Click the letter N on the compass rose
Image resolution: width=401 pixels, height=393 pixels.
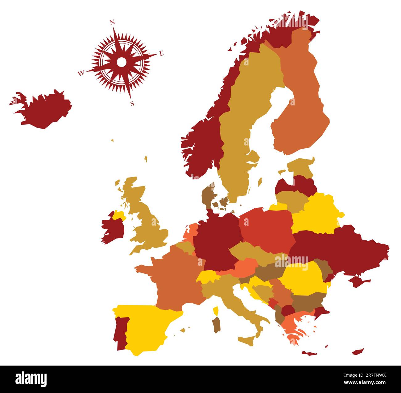click(x=112, y=22)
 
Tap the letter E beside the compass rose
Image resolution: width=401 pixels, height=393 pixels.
click(x=162, y=54)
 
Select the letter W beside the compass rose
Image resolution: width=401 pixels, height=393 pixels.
click(x=81, y=73)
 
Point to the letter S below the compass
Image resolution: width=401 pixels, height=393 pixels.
click(x=132, y=104)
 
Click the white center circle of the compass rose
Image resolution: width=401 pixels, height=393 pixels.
click(x=122, y=62)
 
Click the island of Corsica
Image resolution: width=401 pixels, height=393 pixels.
click(x=216, y=310)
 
